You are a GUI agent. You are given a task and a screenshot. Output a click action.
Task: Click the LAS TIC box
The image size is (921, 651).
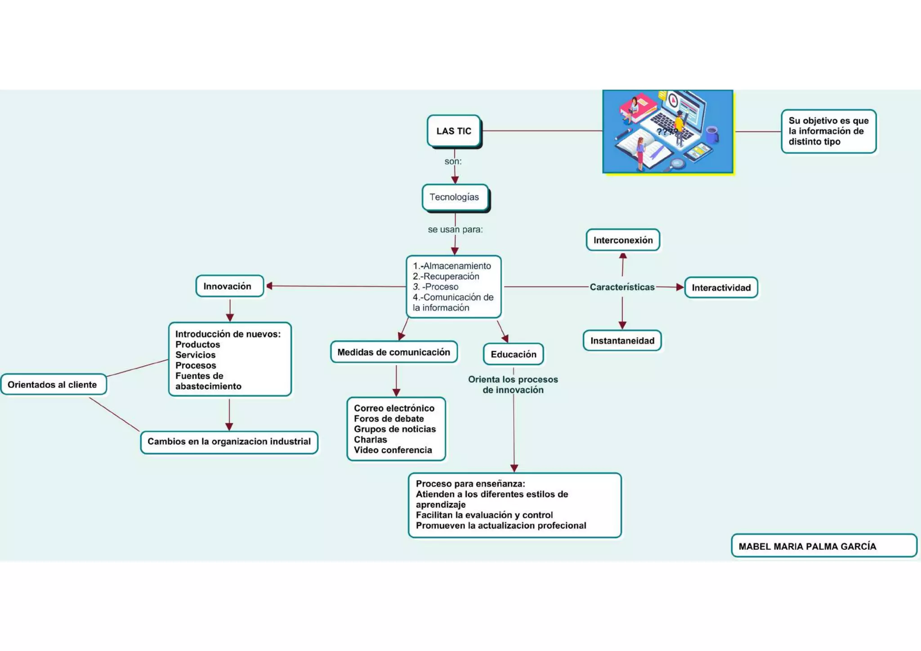(x=454, y=131)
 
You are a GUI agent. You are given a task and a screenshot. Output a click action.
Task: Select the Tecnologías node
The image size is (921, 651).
(x=455, y=197)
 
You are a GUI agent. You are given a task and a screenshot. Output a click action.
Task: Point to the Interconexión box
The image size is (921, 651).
(x=623, y=240)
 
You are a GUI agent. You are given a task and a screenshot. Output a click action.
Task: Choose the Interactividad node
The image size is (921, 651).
(x=721, y=287)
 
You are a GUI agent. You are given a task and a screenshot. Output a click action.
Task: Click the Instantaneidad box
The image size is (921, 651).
(x=622, y=341)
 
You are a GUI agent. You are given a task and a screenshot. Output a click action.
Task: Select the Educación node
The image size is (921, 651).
(x=513, y=354)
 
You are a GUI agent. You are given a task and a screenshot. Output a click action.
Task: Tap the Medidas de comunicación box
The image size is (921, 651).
(x=393, y=352)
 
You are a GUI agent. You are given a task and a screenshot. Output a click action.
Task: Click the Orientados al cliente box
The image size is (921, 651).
(x=53, y=385)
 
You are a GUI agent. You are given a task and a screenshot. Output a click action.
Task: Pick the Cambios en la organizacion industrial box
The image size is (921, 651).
(x=229, y=442)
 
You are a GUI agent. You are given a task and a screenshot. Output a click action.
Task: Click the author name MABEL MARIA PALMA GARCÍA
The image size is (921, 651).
(x=807, y=546)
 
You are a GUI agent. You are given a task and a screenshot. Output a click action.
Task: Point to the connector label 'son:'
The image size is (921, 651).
(x=453, y=161)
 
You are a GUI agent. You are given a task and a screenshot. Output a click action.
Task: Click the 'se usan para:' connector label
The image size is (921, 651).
(x=455, y=229)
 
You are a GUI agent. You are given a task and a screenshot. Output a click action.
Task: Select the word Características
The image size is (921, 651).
(x=622, y=287)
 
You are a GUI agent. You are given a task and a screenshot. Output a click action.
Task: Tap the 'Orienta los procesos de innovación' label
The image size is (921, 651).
(x=513, y=385)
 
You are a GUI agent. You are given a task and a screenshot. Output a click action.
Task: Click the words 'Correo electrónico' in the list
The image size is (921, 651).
(x=394, y=408)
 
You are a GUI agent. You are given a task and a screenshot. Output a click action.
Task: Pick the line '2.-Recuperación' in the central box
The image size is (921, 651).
(x=446, y=276)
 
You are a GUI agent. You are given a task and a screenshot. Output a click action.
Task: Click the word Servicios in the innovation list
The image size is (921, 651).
(x=195, y=355)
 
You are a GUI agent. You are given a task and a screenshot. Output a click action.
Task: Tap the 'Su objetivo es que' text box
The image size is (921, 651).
(x=828, y=131)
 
